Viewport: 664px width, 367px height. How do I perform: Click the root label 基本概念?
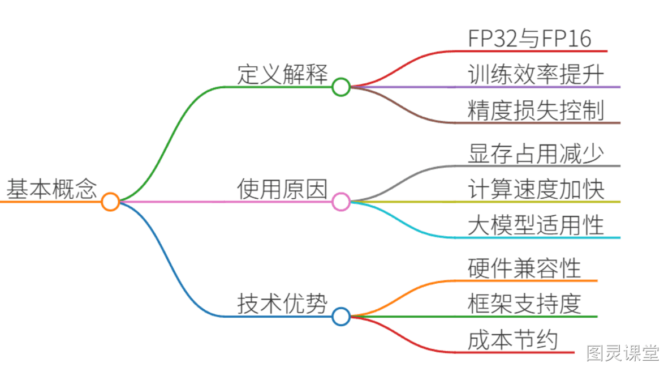pos(51,189)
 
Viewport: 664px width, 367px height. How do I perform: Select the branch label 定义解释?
pos(282,74)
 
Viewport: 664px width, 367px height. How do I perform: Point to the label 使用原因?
pos(282,189)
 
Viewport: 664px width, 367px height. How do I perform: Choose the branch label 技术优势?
pos(282,304)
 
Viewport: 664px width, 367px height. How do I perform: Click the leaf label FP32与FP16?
pos(529,39)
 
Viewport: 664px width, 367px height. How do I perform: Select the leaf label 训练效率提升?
pos(536,75)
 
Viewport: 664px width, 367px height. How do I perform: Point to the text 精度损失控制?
pos(536,110)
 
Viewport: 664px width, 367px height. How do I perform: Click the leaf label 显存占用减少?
pos(536,153)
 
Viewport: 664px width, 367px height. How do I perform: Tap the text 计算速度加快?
pos(536,189)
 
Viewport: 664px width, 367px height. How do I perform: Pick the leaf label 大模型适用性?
pos(536,225)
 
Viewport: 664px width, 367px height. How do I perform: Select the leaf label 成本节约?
pos(513,340)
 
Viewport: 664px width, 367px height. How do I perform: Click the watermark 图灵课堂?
pos(623,353)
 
